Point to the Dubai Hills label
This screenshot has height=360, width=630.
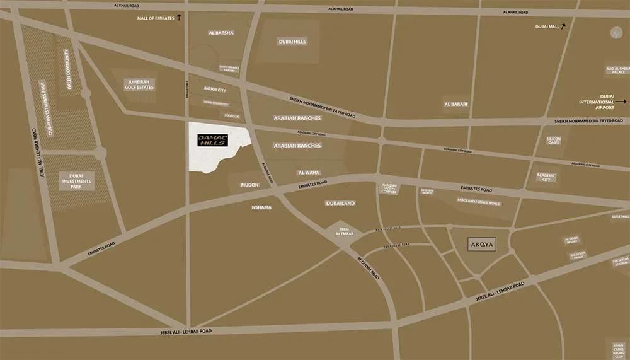pyautogui.click(x=292, y=42)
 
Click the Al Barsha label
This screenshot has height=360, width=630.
pyautogui.click(x=220, y=33)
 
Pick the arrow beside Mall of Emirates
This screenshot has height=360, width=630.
pyautogui.click(x=179, y=18)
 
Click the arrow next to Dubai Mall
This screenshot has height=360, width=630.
pyautogui.click(x=563, y=26)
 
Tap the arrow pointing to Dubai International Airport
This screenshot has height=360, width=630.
pyautogui.click(x=622, y=101)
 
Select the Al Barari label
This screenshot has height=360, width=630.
pyautogui.click(x=455, y=104)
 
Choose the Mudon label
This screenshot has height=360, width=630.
pyautogui.click(x=250, y=185)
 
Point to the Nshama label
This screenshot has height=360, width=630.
pyautogui.click(x=261, y=207)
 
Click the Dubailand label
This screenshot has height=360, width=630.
pyautogui.click(x=341, y=203)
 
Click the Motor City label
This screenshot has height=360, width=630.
pyautogui.click(x=215, y=90)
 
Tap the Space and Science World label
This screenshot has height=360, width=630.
pyautogui.click(x=479, y=203)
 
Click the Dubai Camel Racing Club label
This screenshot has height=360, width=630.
pyautogui.click(x=618, y=350)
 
